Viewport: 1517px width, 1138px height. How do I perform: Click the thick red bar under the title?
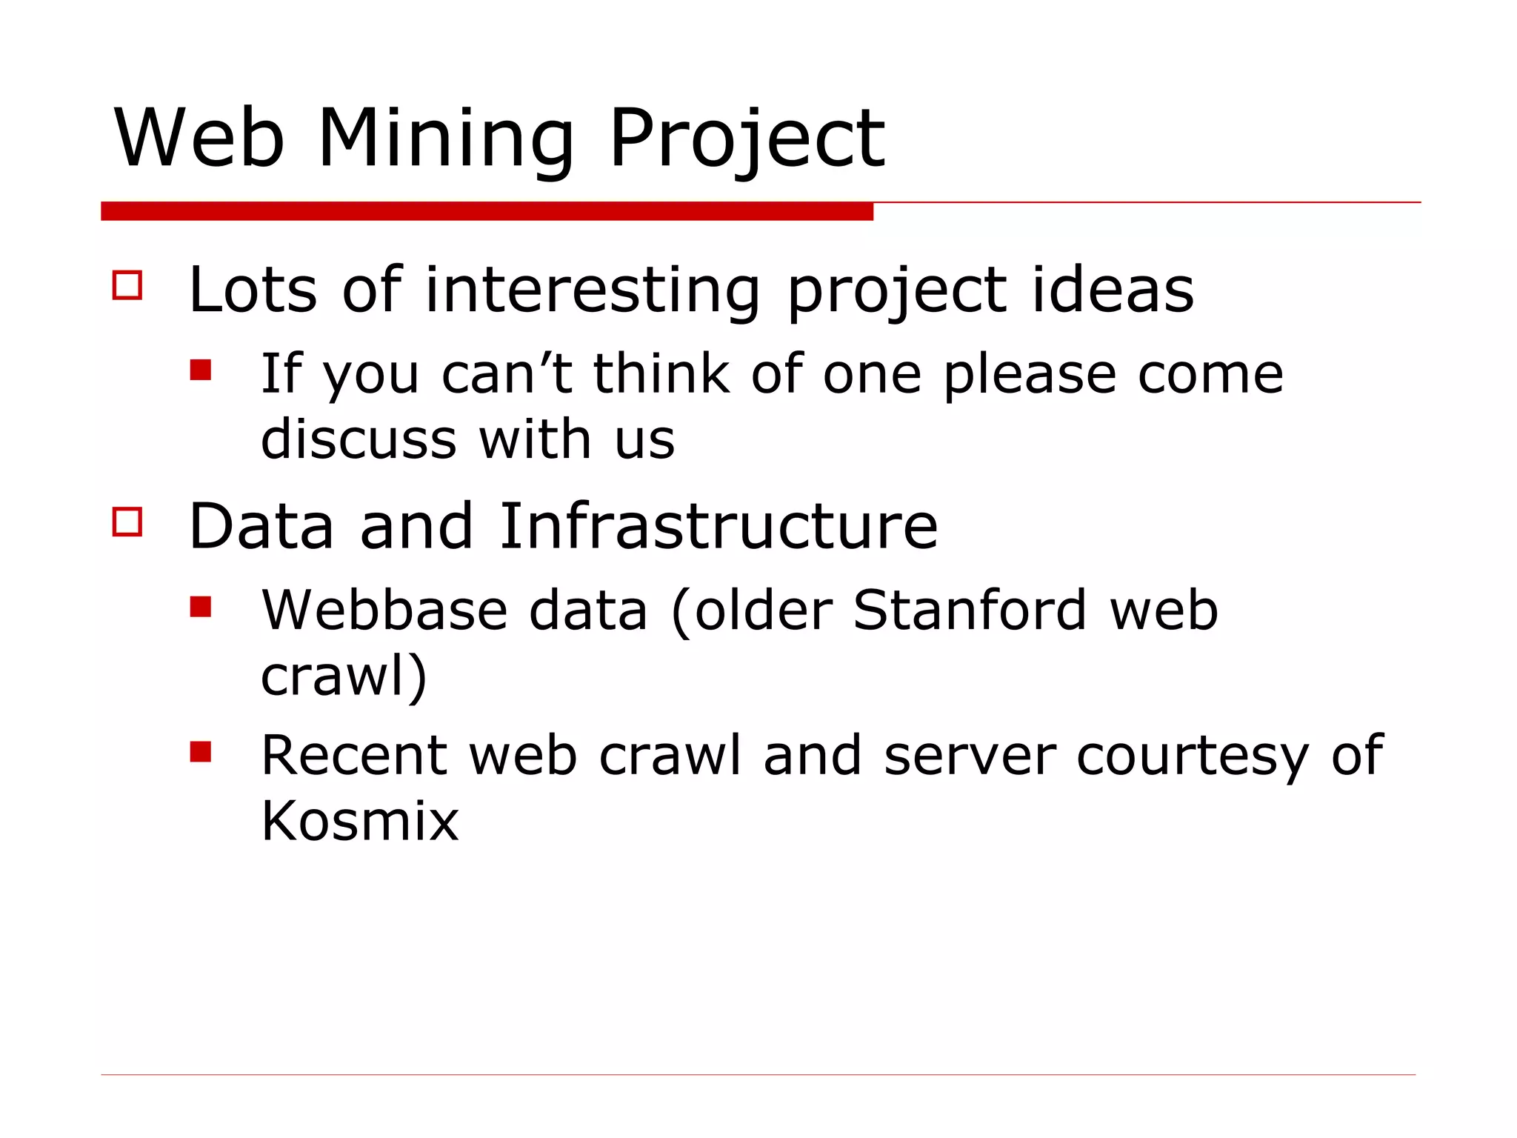coord(487,211)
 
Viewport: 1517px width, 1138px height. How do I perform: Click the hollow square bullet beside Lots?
coord(127,284)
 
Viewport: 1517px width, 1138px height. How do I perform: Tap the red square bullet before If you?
coord(201,370)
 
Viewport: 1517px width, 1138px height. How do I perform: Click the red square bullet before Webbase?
coord(201,607)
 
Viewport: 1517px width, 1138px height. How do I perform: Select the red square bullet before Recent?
coord(201,752)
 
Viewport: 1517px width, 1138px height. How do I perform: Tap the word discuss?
coord(359,439)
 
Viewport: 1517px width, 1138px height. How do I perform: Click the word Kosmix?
coord(360,820)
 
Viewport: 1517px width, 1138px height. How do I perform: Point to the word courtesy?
coord(1193,756)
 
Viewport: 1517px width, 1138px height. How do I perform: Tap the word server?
coord(970,756)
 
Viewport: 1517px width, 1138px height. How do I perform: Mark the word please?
coord(1030,374)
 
